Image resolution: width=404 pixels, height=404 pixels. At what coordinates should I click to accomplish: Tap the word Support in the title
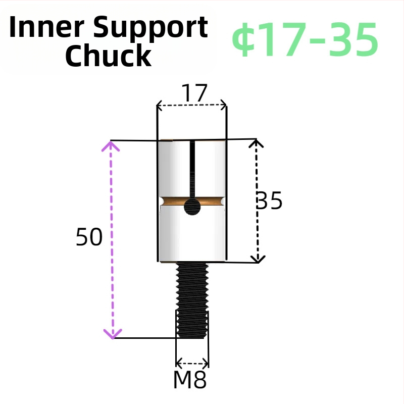pos(150,28)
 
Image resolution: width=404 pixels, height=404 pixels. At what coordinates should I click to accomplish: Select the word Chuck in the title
pos(108,56)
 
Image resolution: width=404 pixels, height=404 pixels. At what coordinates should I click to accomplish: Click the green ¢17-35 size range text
pos(305,39)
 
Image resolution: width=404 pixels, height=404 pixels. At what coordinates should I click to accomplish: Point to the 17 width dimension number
pos(194,93)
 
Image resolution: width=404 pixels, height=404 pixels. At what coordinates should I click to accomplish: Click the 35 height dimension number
pos(269,200)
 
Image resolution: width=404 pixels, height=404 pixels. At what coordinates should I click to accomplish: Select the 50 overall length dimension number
pos(89,237)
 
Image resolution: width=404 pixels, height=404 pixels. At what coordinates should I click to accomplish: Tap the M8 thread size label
pos(190,380)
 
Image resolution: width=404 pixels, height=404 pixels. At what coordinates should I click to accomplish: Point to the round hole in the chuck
pos(192,207)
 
